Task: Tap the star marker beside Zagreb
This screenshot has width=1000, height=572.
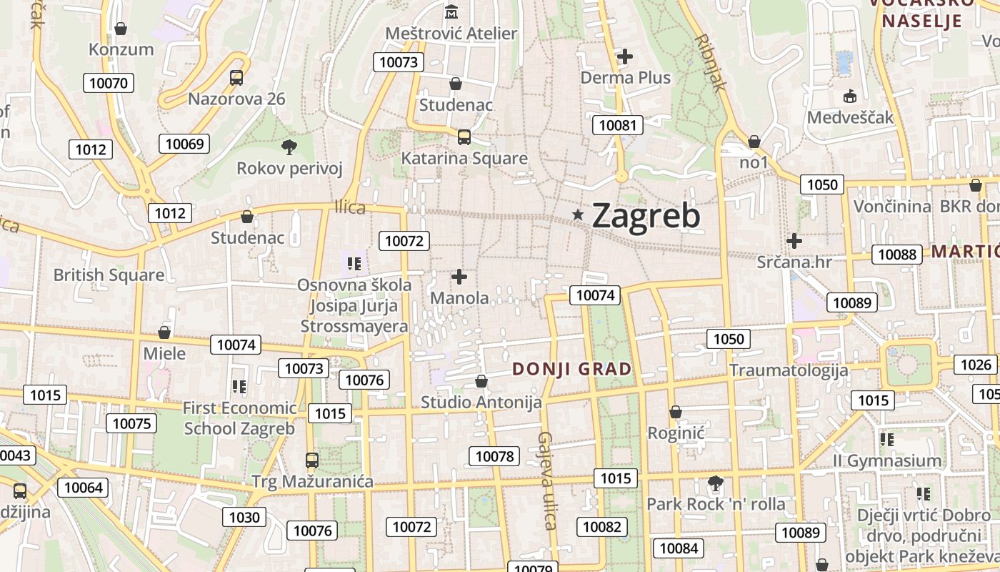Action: pyautogui.click(x=578, y=214)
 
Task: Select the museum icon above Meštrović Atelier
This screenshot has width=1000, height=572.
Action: pyautogui.click(x=451, y=12)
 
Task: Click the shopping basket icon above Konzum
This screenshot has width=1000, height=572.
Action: pyautogui.click(x=121, y=29)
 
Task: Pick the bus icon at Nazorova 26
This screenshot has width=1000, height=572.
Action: pyautogui.click(x=236, y=77)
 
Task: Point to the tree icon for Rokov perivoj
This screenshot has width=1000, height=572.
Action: pyautogui.click(x=289, y=147)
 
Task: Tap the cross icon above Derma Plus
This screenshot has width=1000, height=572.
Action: pyautogui.click(x=626, y=56)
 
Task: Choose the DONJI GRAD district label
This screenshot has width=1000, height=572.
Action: pyautogui.click(x=572, y=369)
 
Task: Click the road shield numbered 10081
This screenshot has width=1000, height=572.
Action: pyautogui.click(x=618, y=126)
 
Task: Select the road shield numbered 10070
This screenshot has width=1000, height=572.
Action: pyautogui.click(x=109, y=83)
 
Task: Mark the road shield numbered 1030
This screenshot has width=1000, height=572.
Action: pyautogui.click(x=244, y=516)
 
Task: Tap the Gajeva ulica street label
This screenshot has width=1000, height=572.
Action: pyautogui.click(x=546, y=480)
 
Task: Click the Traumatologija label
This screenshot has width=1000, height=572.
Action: pyautogui.click(x=789, y=370)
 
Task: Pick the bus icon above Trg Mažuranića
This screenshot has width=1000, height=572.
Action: pyautogui.click(x=312, y=460)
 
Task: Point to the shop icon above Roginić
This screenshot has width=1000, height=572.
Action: pyautogui.click(x=676, y=412)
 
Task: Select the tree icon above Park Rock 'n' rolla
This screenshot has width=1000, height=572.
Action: pyautogui.click(x=715, y=483)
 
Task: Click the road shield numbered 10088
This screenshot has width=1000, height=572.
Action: pyautogui.click(x=897, y=255)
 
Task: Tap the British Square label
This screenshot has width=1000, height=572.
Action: pyautogui.click(x=109, y=275)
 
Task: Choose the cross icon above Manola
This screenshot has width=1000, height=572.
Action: pyautogui.click(x=460, y=276)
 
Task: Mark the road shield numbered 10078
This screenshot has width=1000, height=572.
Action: pyautogui.click(x=494, y=456)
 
